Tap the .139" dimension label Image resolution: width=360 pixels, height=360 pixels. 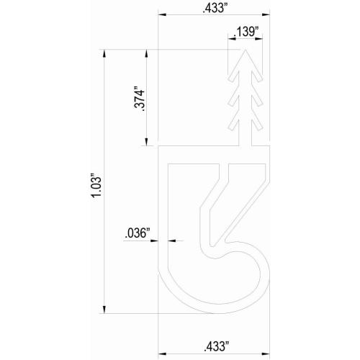tap(247, 32)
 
